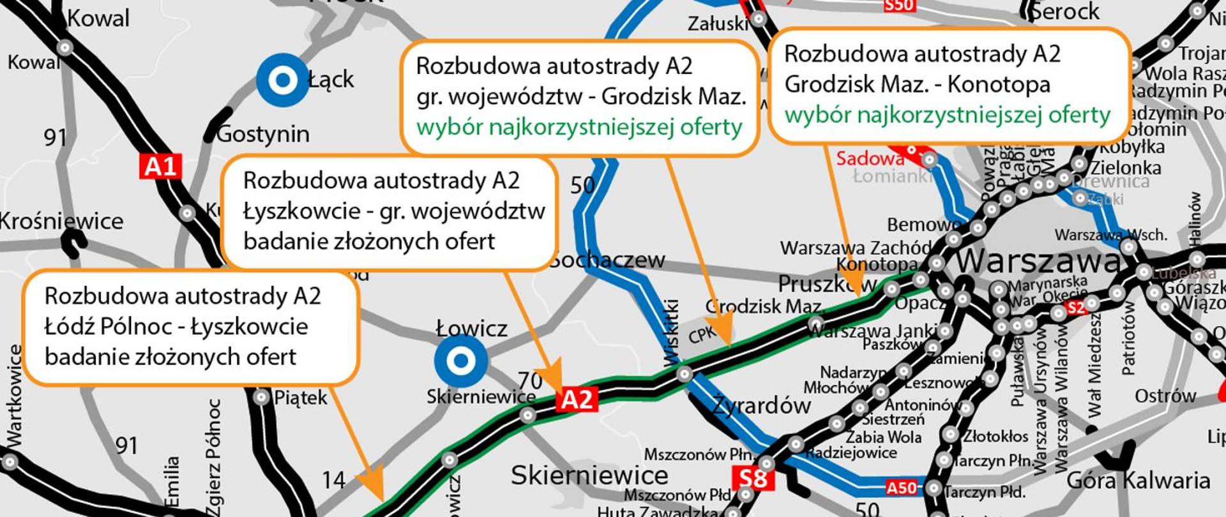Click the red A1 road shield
(160, 167)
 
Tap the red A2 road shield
(577, 399)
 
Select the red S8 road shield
(753, 478)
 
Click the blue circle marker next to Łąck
(282, 80)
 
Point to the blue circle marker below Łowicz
(460, 361)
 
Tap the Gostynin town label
(262, 134)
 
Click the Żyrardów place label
(761, 405)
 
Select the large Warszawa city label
(1038, 261)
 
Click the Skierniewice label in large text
(589, 476)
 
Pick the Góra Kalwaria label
(1139, 480)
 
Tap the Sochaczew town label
(608, 260)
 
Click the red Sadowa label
(870, 158)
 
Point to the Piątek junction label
(301, 398)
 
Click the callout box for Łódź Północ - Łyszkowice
(190, 327)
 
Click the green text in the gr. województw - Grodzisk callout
(579, 127)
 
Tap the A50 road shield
(901, 488)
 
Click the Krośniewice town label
(61, 221)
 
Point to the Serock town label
(1065, 11)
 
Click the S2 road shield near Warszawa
(1075, 308)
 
